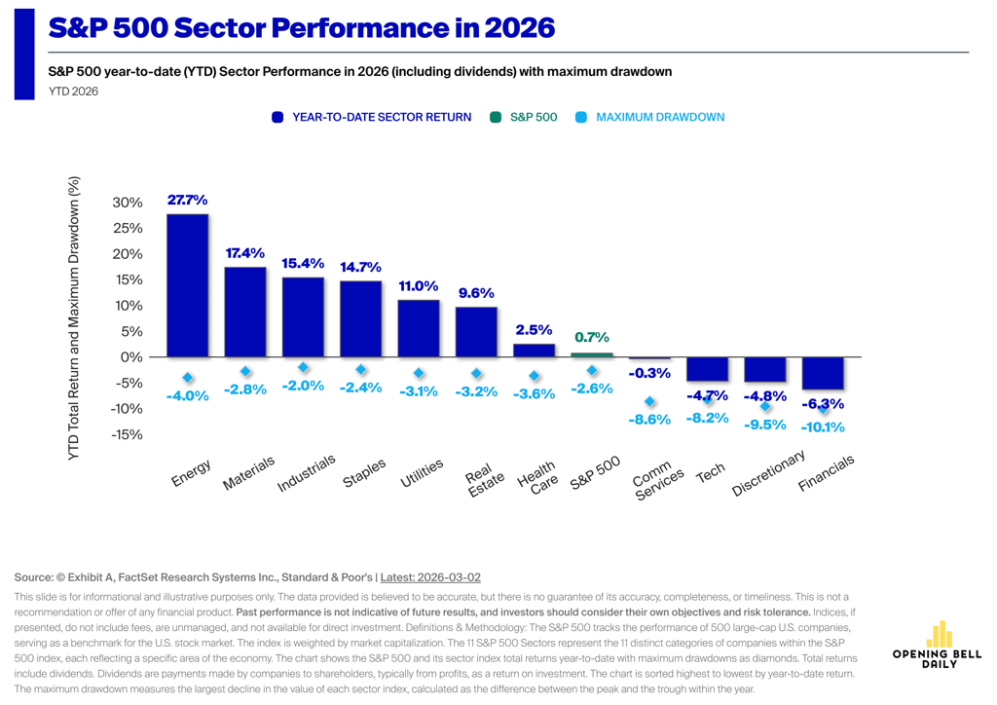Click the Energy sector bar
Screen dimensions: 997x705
188,285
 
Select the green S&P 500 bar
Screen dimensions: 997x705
592,354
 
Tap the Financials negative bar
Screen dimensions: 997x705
823,373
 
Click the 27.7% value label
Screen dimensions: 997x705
188,200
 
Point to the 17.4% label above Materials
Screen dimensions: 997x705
244,253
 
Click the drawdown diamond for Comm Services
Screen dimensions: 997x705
649,402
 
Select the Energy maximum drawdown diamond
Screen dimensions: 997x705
188,378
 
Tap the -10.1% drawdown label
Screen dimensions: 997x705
823,427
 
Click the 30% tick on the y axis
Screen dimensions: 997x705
128,203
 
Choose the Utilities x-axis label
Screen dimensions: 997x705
422,473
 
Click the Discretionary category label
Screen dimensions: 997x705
769,473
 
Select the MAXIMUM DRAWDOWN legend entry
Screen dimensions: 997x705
649,117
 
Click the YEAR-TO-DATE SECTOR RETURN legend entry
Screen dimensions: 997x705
371,117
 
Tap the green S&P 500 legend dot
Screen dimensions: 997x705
496,117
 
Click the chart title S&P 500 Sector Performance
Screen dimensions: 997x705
302,28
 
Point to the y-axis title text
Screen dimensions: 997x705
74,317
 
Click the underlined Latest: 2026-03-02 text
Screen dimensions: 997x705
430,577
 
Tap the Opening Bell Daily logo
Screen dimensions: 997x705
938,645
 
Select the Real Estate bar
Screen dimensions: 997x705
476,332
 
